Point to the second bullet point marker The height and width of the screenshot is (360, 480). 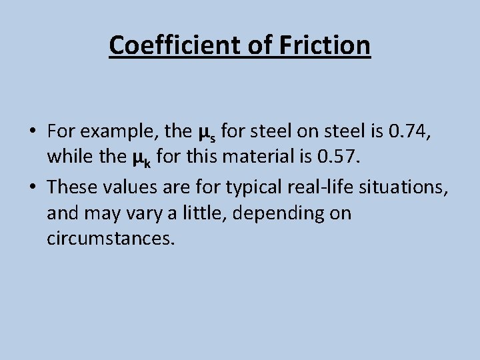tap(32, 188)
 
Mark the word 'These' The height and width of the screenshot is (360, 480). tap(73, 188)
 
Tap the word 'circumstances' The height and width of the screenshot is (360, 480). tap(111, 239)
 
